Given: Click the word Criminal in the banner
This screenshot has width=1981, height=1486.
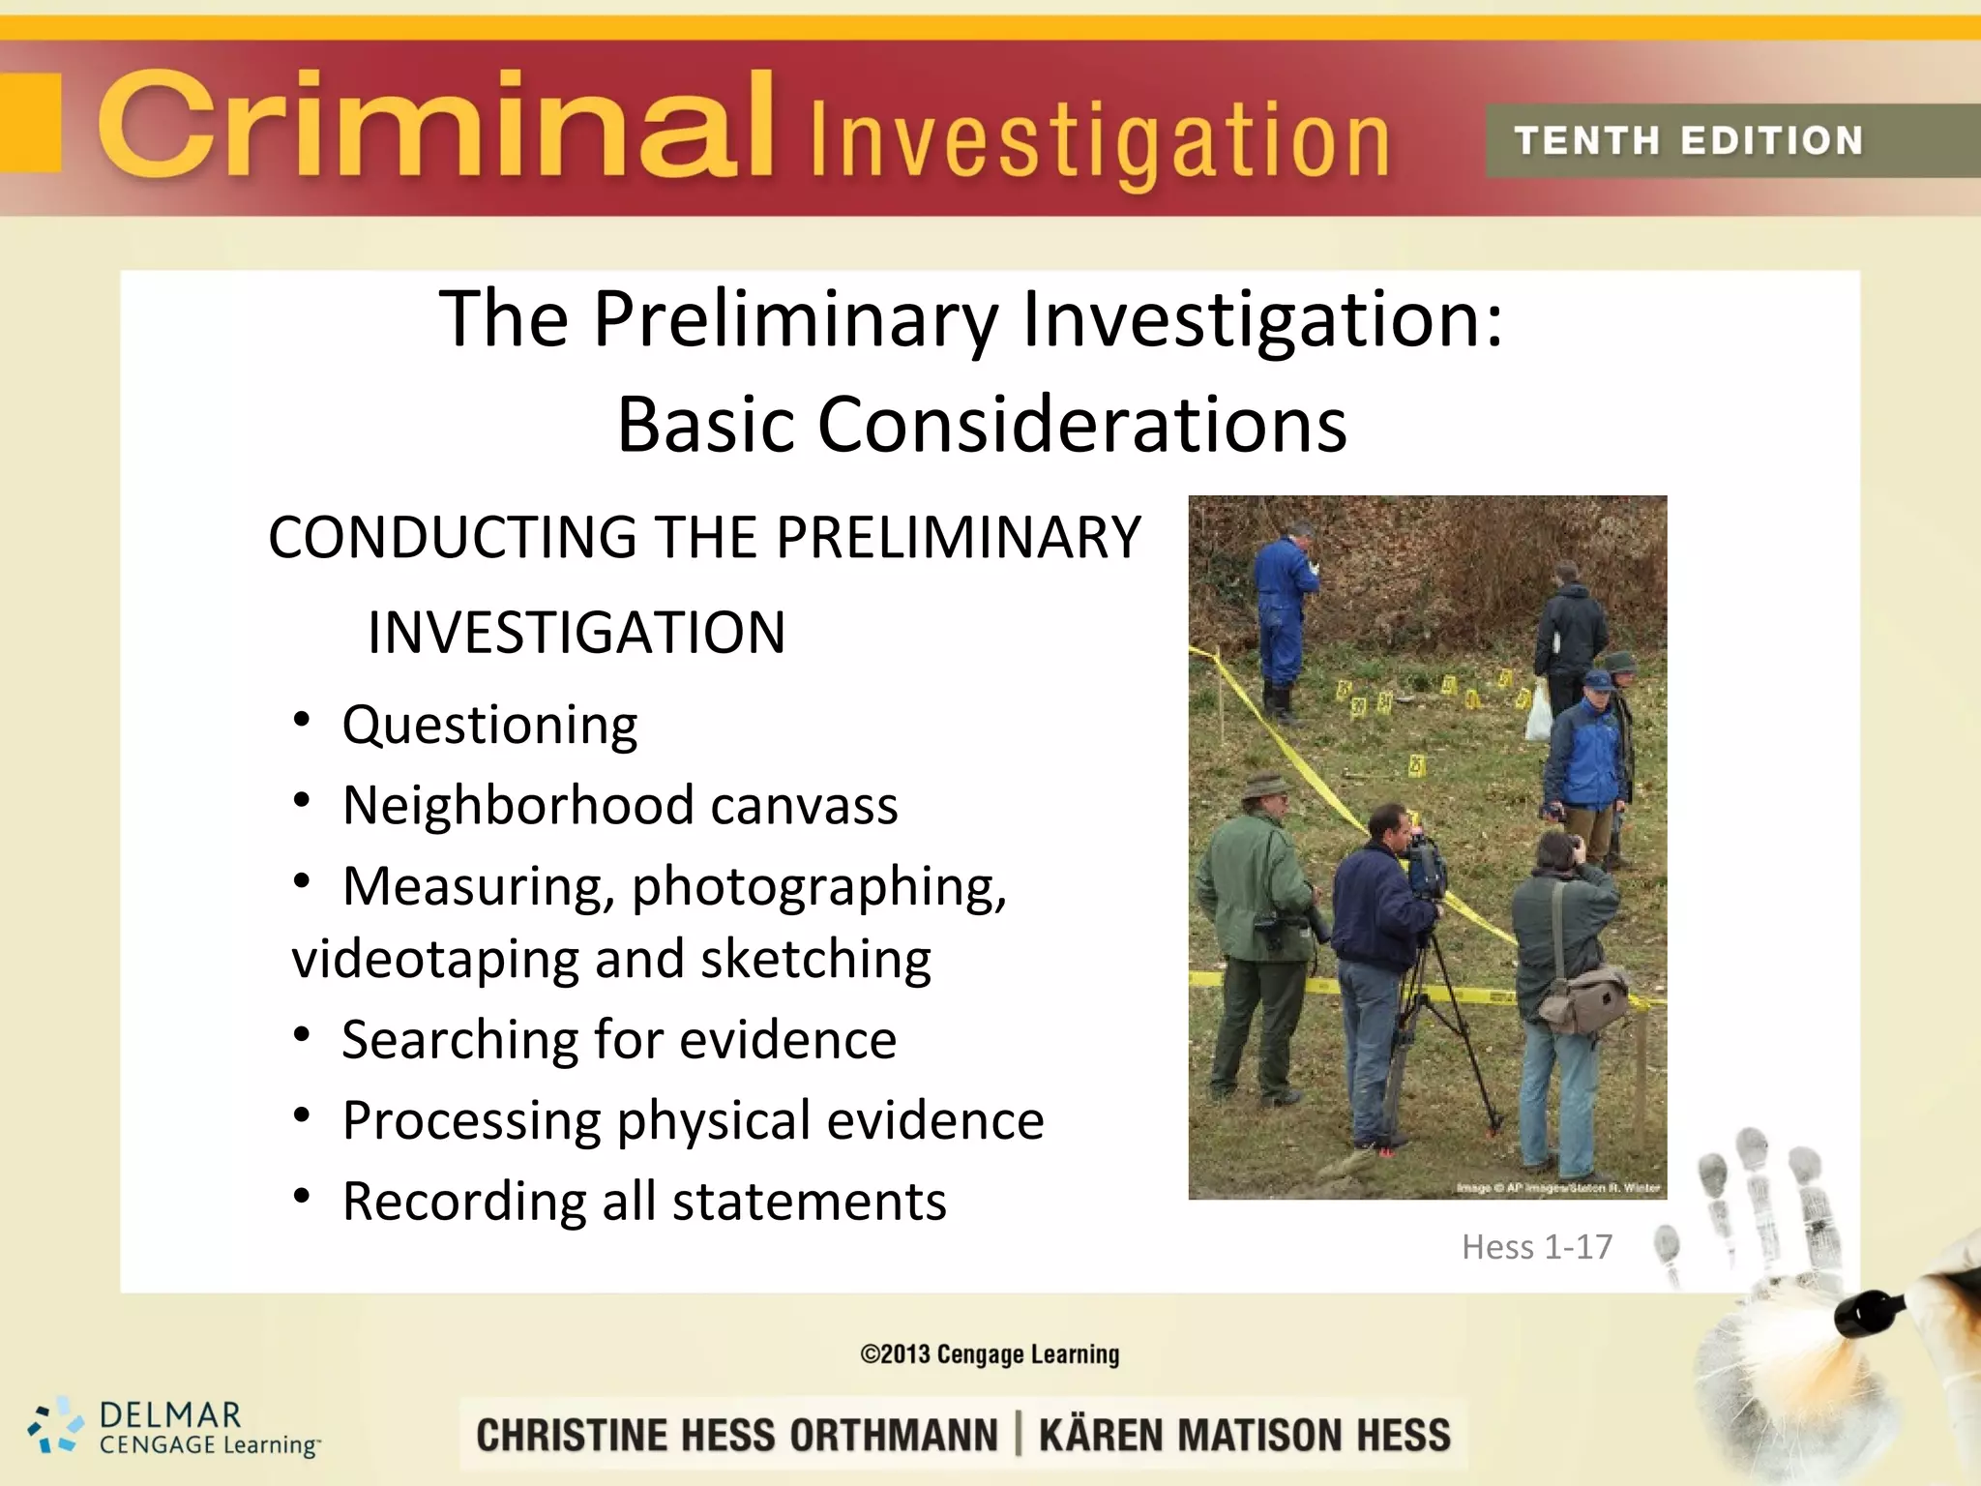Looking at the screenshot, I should pyautogui.click(x=435, y=126).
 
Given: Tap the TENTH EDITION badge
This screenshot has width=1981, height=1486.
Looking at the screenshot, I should pyautogui.click(x=1688, y=141).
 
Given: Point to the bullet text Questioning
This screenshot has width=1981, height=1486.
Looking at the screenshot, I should pyautogui.click(x=489, y=725).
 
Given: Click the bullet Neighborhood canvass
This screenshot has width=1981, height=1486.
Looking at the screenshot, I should pyautogui.click(x=620, y=805).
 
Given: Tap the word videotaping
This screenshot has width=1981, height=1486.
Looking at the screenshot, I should pyautogui.click(x=434, y=959).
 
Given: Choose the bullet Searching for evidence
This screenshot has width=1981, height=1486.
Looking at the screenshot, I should pyautogui.click(x=619, y=1040).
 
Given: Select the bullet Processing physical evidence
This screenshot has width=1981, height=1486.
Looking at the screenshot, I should pyautogui.click(x=693, y=1120).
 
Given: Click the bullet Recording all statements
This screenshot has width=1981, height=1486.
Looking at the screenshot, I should pyautogui.click(x=644, y=1202).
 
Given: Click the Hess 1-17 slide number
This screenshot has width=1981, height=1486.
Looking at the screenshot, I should pyautogui.click(x=1536, y=1247).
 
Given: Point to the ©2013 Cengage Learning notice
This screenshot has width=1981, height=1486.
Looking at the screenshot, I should pyautogui.click(x=990, y=1354).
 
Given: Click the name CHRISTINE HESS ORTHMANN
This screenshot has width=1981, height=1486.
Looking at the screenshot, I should pyautogui.click(x=736, y=1435).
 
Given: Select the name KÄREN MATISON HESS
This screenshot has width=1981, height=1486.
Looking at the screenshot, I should pyautogui.click(x=1244, y=1435).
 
